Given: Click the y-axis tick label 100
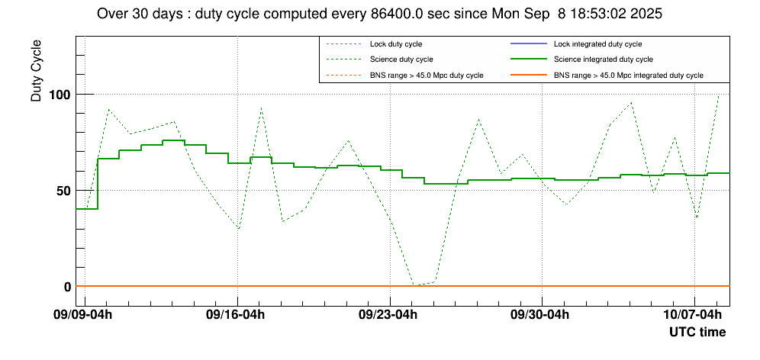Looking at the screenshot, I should coord(61,95).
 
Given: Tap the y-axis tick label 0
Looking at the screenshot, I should coord(67,287).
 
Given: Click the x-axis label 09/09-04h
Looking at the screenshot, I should coord(83,314).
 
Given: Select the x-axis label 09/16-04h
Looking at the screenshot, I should coord(236,314).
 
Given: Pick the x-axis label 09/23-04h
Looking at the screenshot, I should coord(388,314).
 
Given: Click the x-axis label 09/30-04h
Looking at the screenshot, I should coord(541,314).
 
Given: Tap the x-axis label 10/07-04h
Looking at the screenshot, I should coord(693,314).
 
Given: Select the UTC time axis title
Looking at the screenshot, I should coord(697,333).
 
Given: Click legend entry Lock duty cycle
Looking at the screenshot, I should coord(396,44).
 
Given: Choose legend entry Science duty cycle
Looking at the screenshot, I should coord(401,59).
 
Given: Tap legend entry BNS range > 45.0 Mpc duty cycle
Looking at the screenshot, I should coord(427,75).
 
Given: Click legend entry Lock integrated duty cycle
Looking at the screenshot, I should coord(597,44).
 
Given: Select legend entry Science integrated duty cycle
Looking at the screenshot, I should coord(603,59).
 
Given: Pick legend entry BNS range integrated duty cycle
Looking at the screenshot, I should coord(628,75).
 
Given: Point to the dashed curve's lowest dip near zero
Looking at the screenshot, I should coord(414,285).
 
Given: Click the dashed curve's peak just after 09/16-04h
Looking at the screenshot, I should coord(261,108).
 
